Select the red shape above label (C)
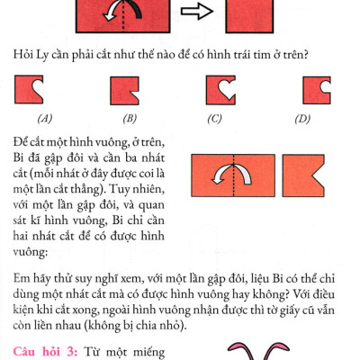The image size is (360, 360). pos(219,88)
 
